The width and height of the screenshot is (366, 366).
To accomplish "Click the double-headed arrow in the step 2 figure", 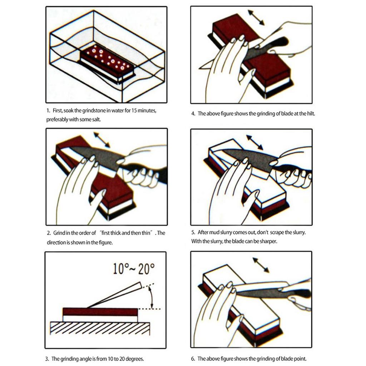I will tap(102, 140).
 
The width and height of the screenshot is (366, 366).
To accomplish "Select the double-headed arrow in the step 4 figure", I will tap(256, 18).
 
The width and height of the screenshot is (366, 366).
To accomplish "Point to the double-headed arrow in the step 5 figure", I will tap(254, 142).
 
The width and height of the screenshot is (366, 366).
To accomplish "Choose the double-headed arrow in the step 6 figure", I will tap(261, 265).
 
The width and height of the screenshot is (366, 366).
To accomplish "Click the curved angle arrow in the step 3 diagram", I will tap(152, 296).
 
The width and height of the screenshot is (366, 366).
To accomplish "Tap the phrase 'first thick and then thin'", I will tap(127, 233).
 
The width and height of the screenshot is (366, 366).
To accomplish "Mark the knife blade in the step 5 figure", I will tap(247, 159).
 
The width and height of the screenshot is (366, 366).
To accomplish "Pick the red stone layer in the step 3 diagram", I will tap(100, 312).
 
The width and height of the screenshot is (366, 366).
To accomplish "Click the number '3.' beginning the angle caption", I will tap(48, 358).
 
